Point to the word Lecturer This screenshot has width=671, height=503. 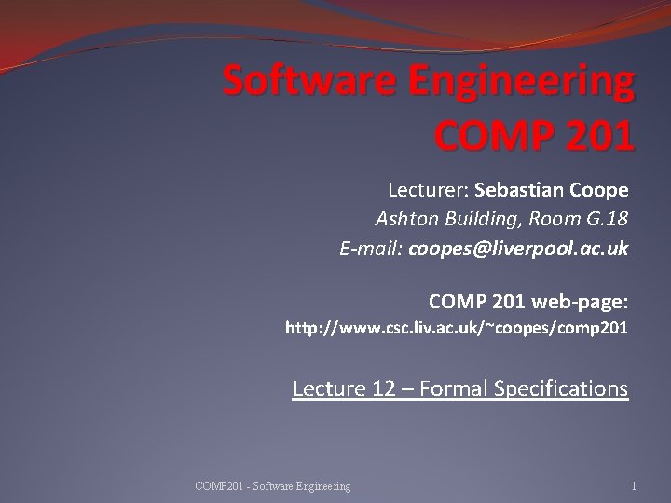coord(427,190)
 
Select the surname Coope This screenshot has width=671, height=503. coord(601,190)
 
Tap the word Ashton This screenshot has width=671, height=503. coord(406,220)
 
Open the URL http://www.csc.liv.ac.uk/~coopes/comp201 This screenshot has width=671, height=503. coord(457,328)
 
